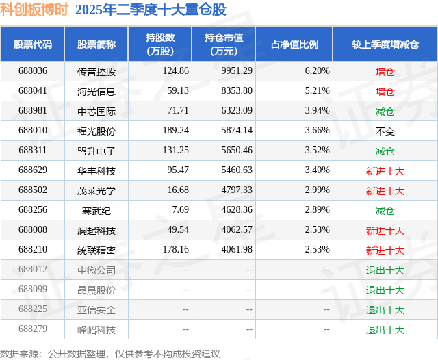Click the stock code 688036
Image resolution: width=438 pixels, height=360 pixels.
(33, 71)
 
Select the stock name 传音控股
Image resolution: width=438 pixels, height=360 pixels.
(96, 71)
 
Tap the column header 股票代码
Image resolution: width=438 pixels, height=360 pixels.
(33, 44)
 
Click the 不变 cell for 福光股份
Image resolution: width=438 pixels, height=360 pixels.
(385, 131)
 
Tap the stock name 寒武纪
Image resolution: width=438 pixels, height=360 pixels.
(96, 211)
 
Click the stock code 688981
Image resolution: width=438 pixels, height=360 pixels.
(33, 111)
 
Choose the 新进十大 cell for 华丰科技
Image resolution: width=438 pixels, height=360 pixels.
(385, 171)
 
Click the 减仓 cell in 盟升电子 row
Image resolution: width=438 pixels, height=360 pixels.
(385, 151)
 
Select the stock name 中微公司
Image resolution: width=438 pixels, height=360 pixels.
(96, 270)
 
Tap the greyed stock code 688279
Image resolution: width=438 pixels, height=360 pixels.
(33, 330)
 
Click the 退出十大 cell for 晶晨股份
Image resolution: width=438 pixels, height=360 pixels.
(385, 290)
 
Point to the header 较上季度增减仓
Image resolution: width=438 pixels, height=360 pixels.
(385, 44)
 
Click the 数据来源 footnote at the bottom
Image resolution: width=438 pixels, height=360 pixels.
(109, 353)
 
